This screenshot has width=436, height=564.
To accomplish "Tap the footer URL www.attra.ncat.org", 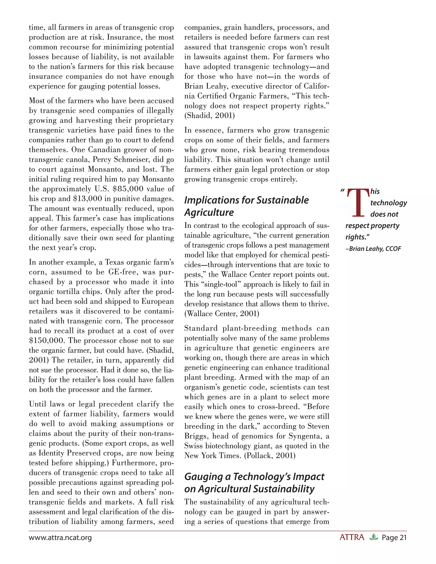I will (x=60, y=538).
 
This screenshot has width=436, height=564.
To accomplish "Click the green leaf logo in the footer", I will (x=373, y=537).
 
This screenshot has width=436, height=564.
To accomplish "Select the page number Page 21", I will (x=394, y=538).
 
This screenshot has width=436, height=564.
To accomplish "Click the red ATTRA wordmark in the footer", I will (x=352, y=537).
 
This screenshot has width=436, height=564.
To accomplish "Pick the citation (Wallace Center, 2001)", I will (x=222, y=314).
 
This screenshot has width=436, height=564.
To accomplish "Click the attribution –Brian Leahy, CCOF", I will (x=373, y=249).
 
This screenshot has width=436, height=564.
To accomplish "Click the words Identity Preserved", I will (x=70, y=453).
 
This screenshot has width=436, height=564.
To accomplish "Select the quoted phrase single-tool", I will (x=220, y=284).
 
